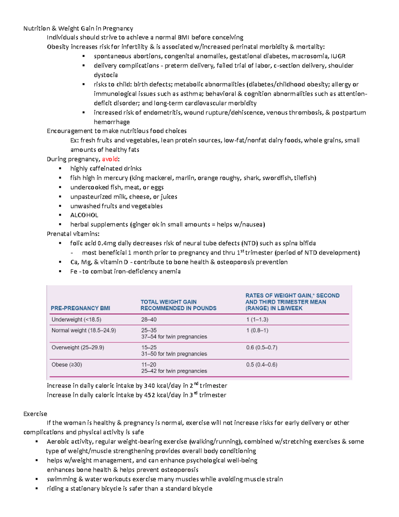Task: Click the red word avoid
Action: click(x=110, y=159)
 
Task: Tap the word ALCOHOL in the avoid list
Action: click(x=84, y=215)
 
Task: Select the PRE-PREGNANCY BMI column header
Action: click(x=80, y=308)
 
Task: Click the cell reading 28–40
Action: click(x=149, y=320)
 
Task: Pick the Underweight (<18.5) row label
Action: click(x=76, y=320)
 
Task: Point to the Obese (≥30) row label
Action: click(x=66, y=365)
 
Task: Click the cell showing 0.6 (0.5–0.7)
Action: click(x=261, y=348)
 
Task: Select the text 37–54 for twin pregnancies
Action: click(x=174, y=337)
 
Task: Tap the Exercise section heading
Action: click(x=35, y=414)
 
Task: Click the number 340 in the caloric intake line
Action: click(x=149, y=386)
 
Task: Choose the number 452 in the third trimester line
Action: click(x=149, y=395)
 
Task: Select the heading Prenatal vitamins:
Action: click(x=73, y=234)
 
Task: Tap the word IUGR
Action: click(x=338, y=56)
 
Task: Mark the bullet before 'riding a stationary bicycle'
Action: click(x=37, y=489)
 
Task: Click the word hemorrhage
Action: click(x=112, y=122)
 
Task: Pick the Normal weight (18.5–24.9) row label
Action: click(x=83, y=331)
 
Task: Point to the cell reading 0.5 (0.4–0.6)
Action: click(x=261, y=365)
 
